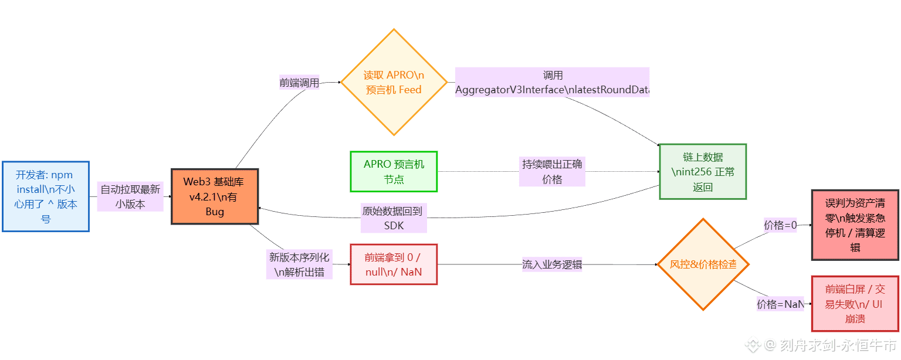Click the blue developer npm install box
tap(46, 196)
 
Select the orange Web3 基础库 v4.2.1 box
tap(215, 196)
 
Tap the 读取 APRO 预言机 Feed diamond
tap(394, 83)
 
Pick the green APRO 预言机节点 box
tap(394, 171)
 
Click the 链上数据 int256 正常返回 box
tap(703, 172)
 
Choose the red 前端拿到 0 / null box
tap(394, 264)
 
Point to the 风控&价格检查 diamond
tap(703, 264)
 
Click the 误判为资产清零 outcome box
tap(855, 225)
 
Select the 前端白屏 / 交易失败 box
tap(855, 304)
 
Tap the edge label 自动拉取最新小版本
tap(130, 196)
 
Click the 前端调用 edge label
tap(299, 83)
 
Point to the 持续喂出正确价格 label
tap(552, 172)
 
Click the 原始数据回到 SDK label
tap(394, 218)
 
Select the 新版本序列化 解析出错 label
tap(299, 264)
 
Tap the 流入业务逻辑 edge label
tap(552, 264)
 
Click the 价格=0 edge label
tap(780, 225)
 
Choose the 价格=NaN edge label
tap(780, 304)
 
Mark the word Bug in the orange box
tap(215, 212)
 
